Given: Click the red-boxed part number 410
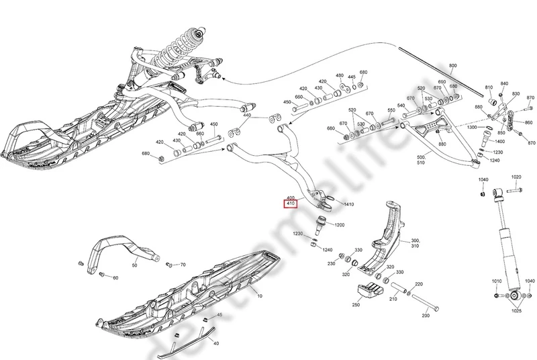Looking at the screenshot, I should [291, 203].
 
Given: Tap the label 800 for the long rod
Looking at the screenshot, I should [452, 66].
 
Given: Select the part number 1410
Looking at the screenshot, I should [348, 204].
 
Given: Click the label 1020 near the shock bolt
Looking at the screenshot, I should [516, 177].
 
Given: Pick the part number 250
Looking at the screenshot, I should [355, 304].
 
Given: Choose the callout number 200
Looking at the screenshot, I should [425, 315].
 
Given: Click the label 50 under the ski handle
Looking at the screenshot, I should [134, 266].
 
